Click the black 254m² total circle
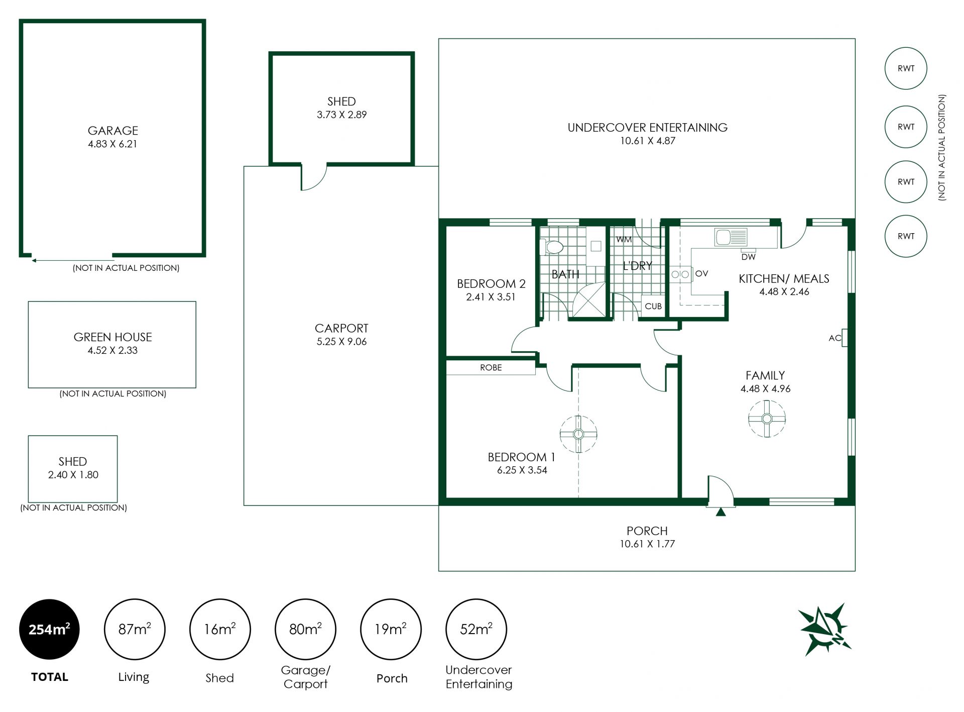click(49, 629)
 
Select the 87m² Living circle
click(135, 629)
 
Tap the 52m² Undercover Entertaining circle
click(476, 629)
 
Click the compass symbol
click(824, 629)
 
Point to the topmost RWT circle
click(906, 68)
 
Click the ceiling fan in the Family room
click(767, 419)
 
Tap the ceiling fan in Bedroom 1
click(578, 434)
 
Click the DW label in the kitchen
click(748, 257)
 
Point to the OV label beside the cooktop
click(701, 273)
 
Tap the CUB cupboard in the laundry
click(653, 306)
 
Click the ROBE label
click(491, 368)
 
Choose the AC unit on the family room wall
click(845, 338)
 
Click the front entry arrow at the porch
click(720, 512)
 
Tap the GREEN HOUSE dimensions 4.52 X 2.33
click(112, 350)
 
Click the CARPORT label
click(341, 328)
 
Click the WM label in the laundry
click(624, 239)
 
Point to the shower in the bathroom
click(589, 300)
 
